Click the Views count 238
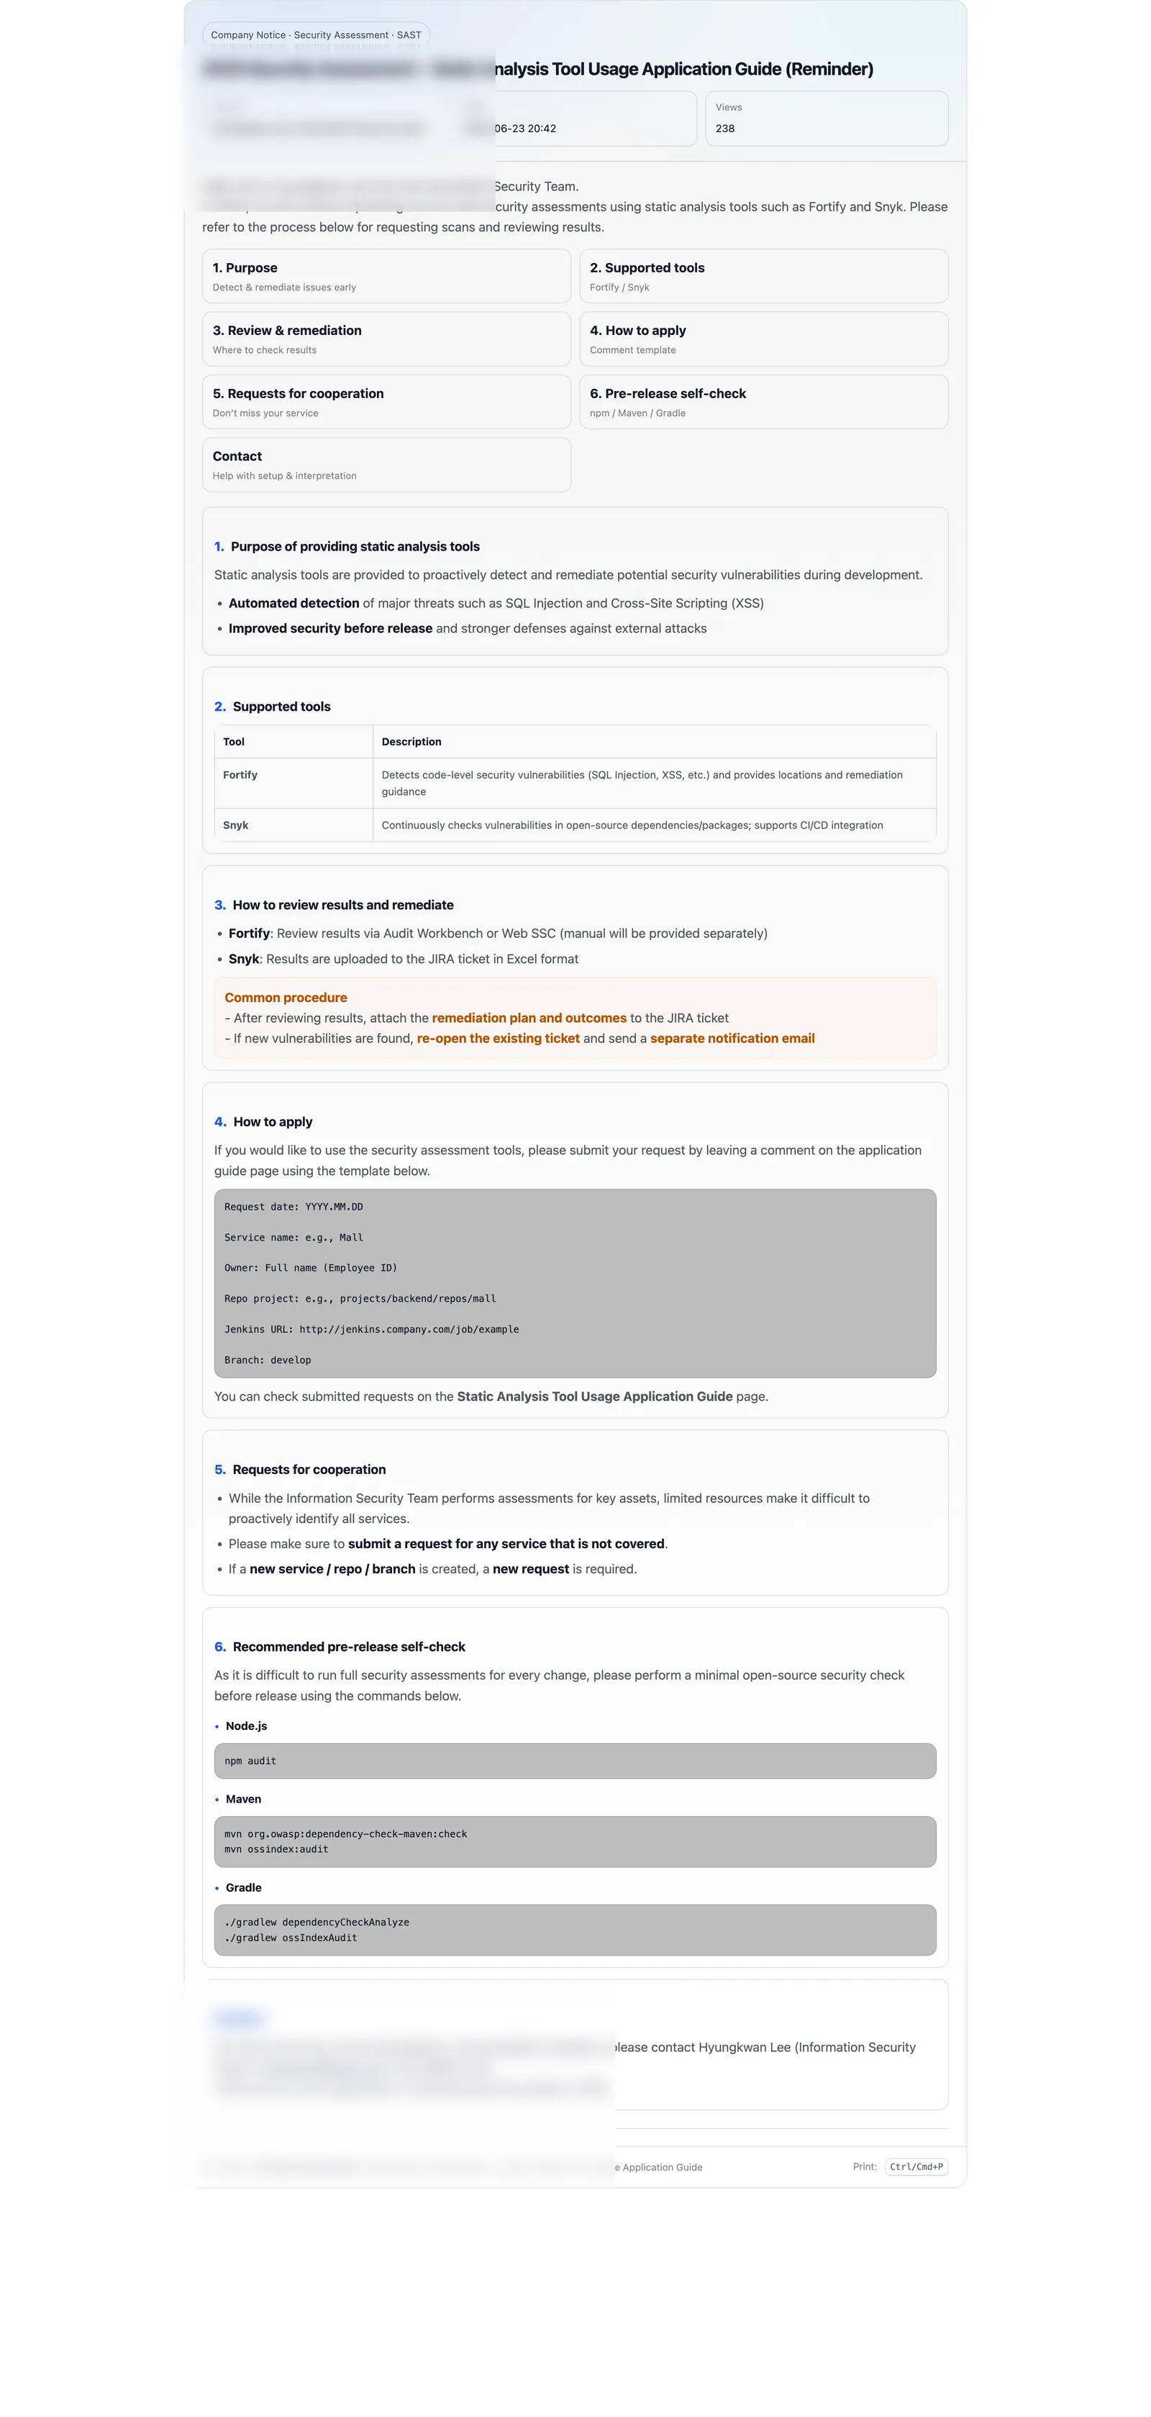point(725,129)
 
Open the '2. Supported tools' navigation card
point(763,276)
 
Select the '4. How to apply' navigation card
point(763,339)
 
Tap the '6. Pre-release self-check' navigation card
point(763,402)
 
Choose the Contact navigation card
point(386,464)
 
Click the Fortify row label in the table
point(240,775)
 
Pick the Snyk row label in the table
point(236,826)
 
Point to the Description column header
point(411,742)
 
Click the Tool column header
point(234,742)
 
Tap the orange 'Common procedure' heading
point(286,998)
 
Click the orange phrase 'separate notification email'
point(732,1039)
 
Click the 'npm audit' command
point(250,1761)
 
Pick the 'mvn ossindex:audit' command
point(276,1849)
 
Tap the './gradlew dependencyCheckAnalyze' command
point(317,1923)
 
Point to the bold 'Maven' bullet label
point(243,1799)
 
